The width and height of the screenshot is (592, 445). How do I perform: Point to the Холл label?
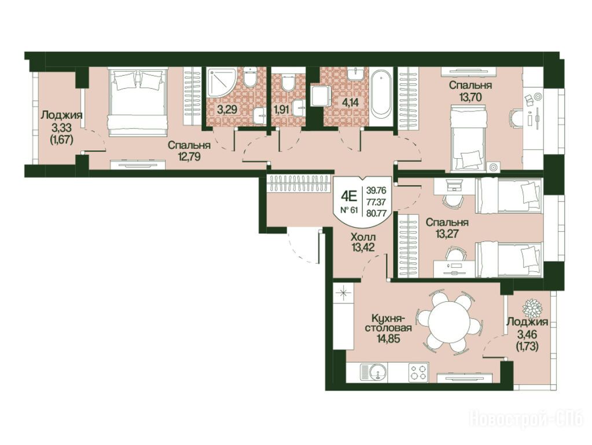[x=363, y=238]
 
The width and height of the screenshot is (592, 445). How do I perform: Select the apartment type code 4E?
[x=349, y=196]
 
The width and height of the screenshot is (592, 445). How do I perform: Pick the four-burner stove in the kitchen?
[x=418, y=371]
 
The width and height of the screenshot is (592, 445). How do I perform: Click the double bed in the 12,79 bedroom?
[x=137, y=101]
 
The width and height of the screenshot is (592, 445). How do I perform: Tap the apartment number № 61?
[x=349, y=210]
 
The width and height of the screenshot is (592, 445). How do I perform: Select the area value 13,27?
[x=447, y=234]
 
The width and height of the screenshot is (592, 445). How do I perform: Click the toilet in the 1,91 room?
[x=288, y=83]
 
